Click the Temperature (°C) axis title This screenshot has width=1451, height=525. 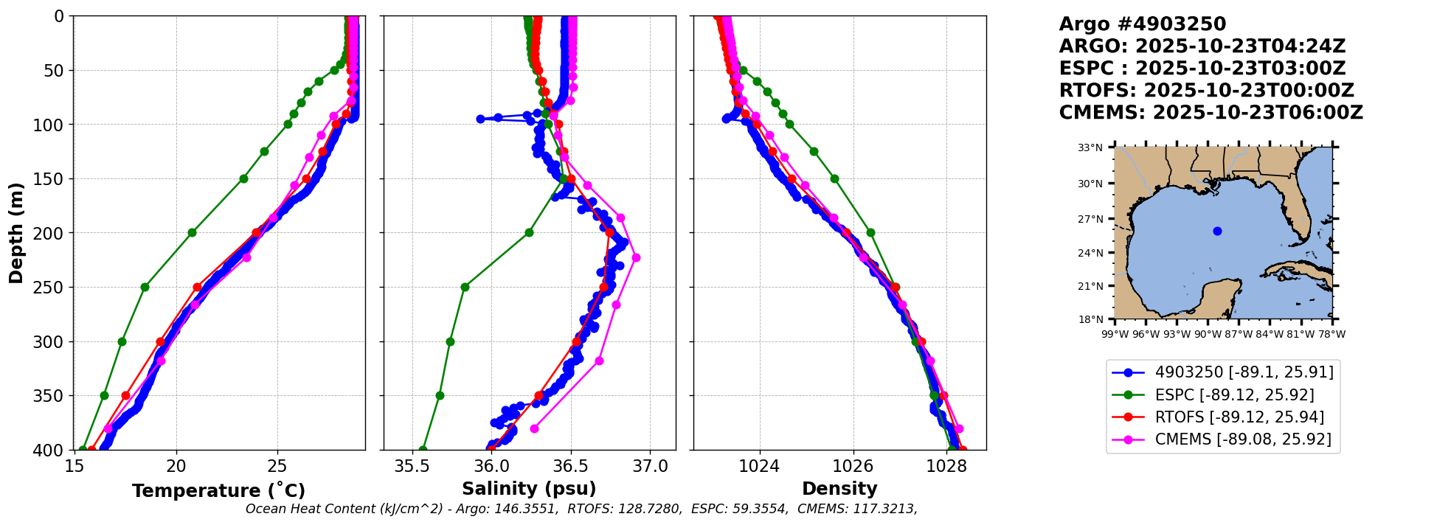218,490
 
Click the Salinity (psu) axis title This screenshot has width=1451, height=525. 529,489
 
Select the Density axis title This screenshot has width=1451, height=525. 839,489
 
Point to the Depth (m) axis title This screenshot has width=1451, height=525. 16,232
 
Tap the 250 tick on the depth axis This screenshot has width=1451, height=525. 54,288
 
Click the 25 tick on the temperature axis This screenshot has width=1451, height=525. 277,465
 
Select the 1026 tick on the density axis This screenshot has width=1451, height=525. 853,465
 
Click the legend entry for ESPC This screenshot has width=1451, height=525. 1223,394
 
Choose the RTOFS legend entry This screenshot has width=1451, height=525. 1218,417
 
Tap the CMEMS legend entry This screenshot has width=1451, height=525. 1222,439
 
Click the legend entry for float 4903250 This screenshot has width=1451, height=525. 1223,372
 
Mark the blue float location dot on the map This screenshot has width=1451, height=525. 1217,231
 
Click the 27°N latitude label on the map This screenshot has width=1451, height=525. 1090,219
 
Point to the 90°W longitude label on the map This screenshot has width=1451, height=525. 1208,334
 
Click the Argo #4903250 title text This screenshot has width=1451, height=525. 1143,24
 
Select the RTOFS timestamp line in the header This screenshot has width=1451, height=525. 1207,91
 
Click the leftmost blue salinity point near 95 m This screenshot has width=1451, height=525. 480,119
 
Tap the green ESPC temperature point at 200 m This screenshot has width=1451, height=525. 192,232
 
